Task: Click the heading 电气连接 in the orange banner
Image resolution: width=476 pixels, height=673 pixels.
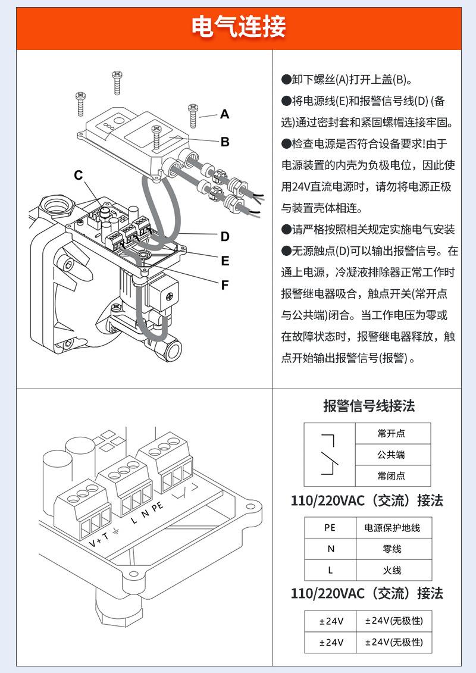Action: coord(239,27)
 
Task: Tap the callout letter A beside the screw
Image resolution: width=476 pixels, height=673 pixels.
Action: coord(225,114)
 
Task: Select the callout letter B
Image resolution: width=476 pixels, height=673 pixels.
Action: coord(225,142)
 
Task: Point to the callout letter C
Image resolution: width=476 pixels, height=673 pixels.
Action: coord(78,175)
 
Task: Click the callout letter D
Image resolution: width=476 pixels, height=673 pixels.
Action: coord(225,236)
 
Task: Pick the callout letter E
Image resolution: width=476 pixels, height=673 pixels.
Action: coord(225,261)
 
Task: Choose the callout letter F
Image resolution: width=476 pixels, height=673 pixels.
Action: coord(225,285)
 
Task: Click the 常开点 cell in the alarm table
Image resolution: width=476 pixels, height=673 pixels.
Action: coord(393,434)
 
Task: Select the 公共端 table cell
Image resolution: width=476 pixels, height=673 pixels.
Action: coord(393,455)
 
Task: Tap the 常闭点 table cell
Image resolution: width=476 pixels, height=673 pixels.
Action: coord(393,475)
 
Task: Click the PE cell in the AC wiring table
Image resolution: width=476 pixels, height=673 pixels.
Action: coord(330,527)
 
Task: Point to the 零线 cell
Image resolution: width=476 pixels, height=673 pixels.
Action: coord(393,549)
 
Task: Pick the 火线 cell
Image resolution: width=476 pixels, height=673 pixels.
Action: coord(393,570)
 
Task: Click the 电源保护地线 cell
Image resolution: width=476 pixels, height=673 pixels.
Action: coord(393,527)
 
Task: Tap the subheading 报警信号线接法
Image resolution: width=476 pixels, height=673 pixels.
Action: coord(369,406)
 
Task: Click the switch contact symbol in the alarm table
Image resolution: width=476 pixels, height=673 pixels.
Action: coord(329,455)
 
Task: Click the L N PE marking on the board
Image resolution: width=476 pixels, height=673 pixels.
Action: coord(147,513)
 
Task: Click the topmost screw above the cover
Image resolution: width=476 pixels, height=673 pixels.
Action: coord(117,82)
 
